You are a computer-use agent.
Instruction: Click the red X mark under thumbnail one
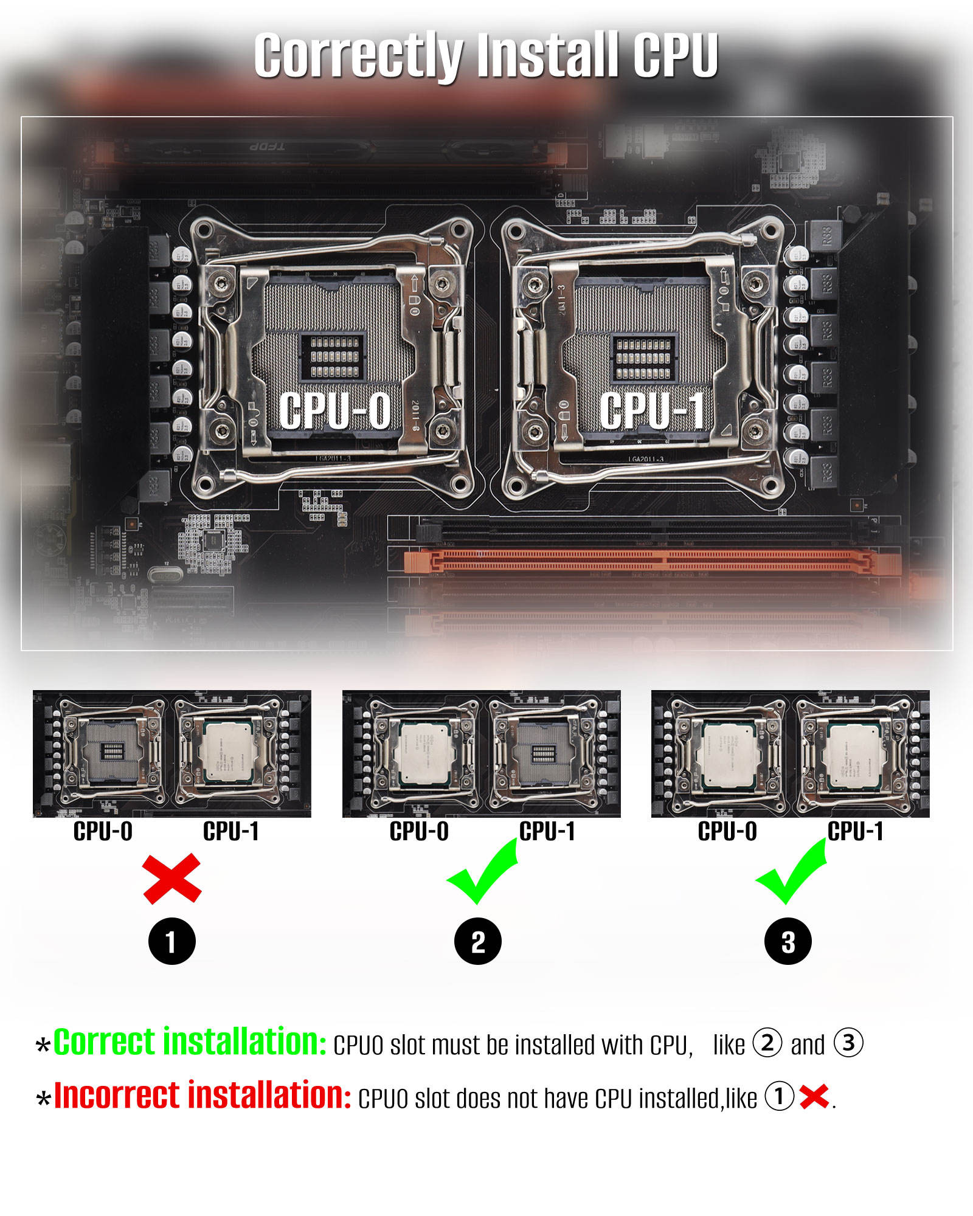coord(172,878)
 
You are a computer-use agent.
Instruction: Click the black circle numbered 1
coord(172,942)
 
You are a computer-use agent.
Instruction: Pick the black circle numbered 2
coord(478,942)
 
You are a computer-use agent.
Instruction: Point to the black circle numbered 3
coord(788,942)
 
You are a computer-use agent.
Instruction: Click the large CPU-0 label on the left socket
coord(335,410)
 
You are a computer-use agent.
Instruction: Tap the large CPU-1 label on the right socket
coord(652,410)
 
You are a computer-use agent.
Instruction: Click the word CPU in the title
coord(675,56)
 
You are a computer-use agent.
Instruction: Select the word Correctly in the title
coord(359,56)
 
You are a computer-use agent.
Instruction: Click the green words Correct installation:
coord(190,1042)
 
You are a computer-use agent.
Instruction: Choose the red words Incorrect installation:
coord(203,1096)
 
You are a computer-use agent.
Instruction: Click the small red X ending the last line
coord(814,1096)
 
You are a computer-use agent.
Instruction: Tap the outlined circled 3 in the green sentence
coord(848,1043)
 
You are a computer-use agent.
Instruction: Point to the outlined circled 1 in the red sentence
coord(779,1096)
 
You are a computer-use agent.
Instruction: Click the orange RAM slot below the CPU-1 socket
coord(651,561)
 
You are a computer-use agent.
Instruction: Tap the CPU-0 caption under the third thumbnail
coord(727,831)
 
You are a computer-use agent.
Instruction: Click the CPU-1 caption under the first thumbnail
coord(231,831)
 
